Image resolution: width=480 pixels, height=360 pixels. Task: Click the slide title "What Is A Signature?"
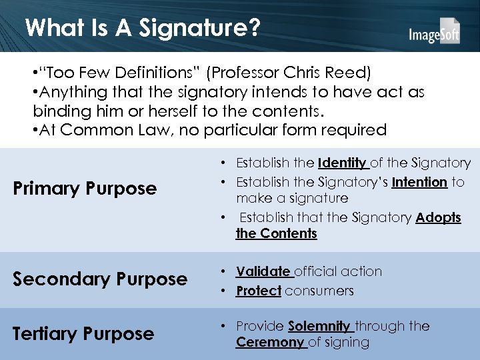click(142, 27)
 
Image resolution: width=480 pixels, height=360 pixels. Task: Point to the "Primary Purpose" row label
click(85, 189)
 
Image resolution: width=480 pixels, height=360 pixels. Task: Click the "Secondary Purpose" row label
click(100, 279)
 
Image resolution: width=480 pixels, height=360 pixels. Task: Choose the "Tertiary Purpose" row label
click(83, 333)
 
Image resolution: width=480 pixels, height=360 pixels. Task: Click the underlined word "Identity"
click(342, 163)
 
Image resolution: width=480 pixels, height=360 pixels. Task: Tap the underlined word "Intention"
click(419, 182)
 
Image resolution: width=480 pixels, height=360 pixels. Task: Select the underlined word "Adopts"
click(438, 218)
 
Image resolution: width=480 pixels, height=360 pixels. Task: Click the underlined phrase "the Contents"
click(276, 233)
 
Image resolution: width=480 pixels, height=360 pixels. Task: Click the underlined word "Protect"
click(259, 291)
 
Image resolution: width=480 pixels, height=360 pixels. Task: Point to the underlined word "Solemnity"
click(319, 326)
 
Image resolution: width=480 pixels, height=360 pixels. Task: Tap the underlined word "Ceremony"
click(269, 342)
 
